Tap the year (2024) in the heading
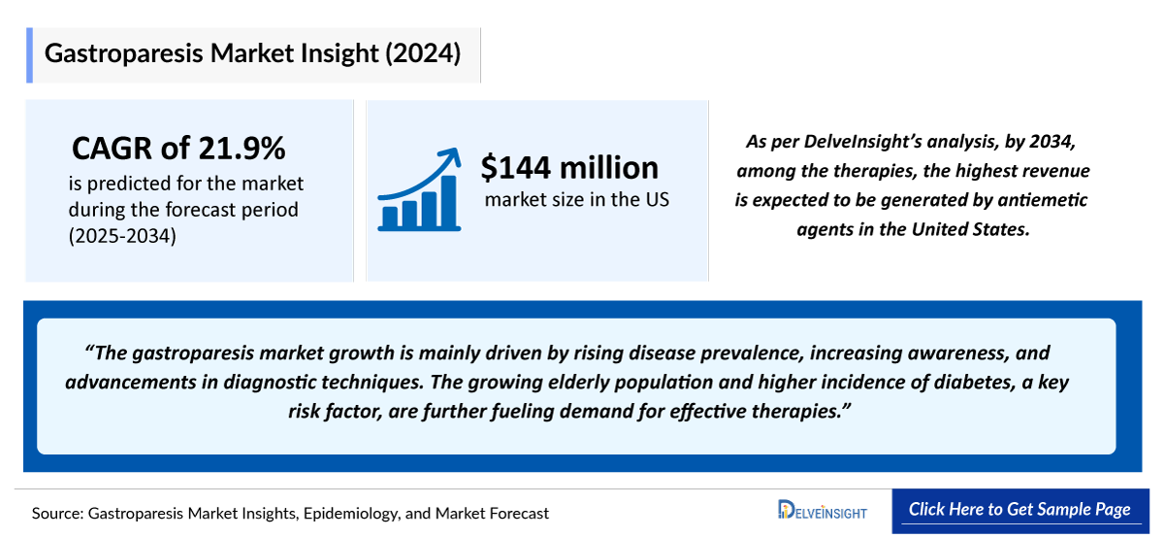pos(421,53)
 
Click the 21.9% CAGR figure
pos(242,148)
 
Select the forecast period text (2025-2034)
pos(122,235)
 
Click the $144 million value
pos(569,167)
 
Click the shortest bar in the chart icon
pos(387,218)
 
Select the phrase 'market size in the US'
pos(576,201)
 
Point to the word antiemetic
pos(1043,200)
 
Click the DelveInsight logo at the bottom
pos(823,511)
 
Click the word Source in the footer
pos(56,513)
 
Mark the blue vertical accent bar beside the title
pos(29,54)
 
